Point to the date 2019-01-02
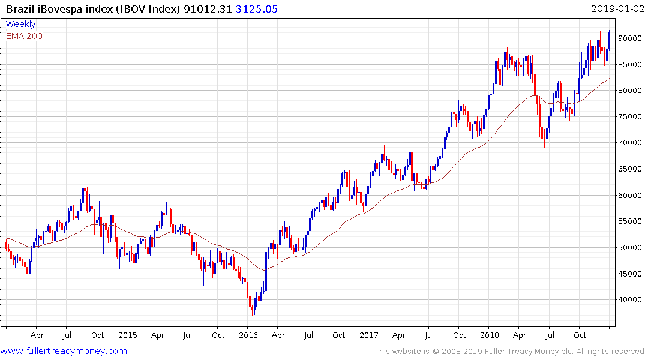click(616, 9)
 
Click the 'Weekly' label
click(20, 24)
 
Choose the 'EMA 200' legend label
click(24, 36)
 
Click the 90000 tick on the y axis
click(629, 38)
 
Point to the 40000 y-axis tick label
click(629, 300)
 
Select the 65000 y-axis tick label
click(629, 169)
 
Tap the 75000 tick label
click(629, 117)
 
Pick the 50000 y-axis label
click(629, 248)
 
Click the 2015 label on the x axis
click(127, 335)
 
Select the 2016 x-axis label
click(248, 335)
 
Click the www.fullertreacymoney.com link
click(64, 351)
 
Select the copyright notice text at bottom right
click(509, 352)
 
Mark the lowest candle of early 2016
click(253, 308)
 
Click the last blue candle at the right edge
click(609, 40)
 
